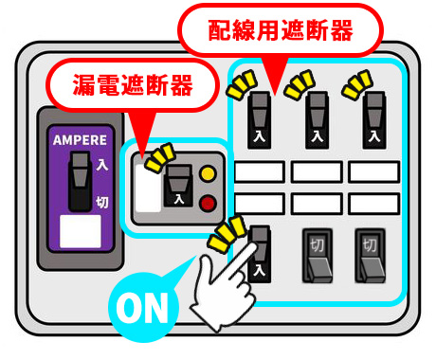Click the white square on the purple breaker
point(80,231)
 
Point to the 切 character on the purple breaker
point(102,201)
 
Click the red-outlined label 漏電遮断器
point(132,86)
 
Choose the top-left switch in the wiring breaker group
point(259,121)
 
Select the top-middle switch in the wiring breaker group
point(316,121)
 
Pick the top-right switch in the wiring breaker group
point(373,121)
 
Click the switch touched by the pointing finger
point(260,254)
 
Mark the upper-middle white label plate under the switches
point(316,171)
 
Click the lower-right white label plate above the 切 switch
point(373,204)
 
